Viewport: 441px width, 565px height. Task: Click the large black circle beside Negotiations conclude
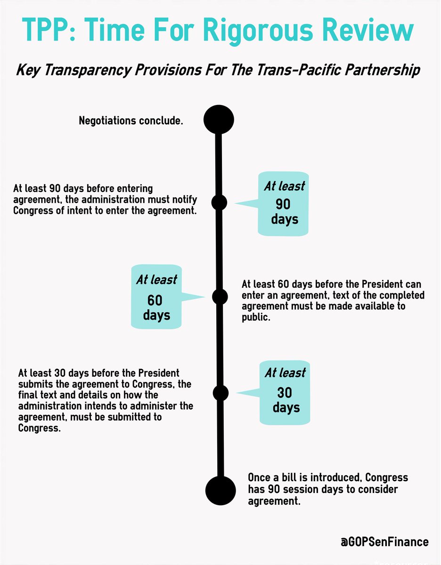pyautogui.click(x=219, y=120)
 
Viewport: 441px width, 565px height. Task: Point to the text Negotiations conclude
pyautogui.click(x=131, y=121)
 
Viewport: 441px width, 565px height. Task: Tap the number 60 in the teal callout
pyautogui.click(x=156, y=300)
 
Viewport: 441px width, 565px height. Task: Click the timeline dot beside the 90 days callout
pyautogui.click(x=219, y=202)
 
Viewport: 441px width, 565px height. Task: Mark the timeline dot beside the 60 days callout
pyautogui.click(x=220, y=297)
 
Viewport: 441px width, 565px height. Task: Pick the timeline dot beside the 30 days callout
pyautogui.click(x=220, y=392)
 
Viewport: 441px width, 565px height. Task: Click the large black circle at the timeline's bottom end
pyautogui.click(x=220, y=490)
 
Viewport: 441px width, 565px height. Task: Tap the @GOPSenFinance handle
pyautogui.click(x=385, y=541)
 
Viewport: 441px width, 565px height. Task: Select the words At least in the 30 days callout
pyautogui.click(x=285, y=373)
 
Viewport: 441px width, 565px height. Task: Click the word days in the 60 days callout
pyautogui.click(x=156, y=315)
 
